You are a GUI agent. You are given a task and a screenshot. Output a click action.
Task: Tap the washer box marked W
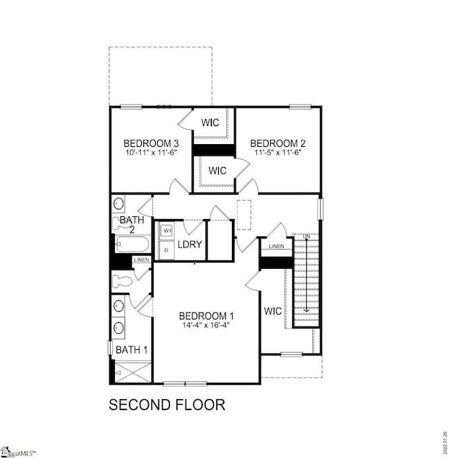coord(167,230)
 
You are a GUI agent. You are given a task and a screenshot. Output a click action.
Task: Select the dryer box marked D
coord(166,249)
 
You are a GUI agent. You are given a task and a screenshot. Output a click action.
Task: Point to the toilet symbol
coord(122,282)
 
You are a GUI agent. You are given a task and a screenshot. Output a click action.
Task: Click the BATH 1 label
coord(131,350)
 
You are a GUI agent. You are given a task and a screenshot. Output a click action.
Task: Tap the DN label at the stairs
coord(305,236)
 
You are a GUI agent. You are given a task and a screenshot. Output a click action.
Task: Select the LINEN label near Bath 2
coord(141,260)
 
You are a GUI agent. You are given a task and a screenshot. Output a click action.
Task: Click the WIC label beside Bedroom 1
coord(273,311)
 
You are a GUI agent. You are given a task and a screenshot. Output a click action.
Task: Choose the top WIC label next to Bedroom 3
coord(210,123)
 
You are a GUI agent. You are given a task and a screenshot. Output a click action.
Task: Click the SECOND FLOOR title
coord(167,405)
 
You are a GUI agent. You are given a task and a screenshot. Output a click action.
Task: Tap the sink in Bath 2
coord(119,204)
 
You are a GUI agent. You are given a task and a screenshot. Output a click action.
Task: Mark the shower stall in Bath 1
coord(130,373)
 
